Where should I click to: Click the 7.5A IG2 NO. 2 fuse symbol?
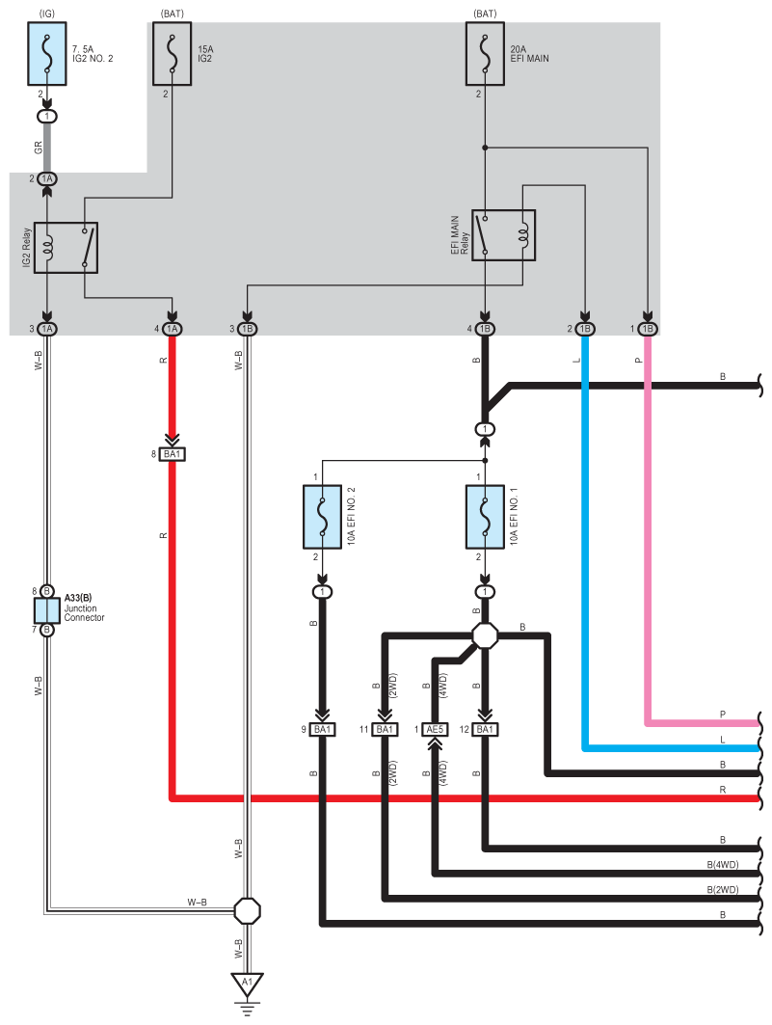coord(47,54)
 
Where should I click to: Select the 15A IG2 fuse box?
coord(172,54)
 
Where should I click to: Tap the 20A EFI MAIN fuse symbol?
coord(485,54)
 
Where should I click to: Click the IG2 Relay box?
coord(66,248)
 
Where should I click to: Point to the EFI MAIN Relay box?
coord(503,235)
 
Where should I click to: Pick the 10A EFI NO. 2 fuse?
coord(322,517)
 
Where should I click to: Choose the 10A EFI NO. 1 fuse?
coord(485,517)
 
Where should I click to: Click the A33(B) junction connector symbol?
coord(47,610)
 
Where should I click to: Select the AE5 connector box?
coord(435,730)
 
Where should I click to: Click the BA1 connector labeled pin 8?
coord(172,453)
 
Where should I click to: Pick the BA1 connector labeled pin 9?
coord(322,730)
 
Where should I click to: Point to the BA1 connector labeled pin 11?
coord(385,730)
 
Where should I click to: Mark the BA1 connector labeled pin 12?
coord(485,730)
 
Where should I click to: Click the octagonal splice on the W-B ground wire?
coord(247,910)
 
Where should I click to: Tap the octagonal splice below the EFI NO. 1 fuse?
coord(485,634)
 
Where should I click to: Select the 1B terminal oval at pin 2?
coord(585,329)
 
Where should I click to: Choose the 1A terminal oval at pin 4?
coord(172,329)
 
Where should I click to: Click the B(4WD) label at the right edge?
coord(722,865)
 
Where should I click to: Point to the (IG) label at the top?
coord(47,13)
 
